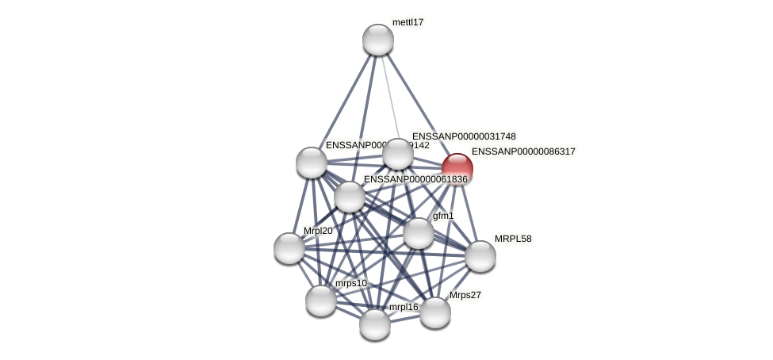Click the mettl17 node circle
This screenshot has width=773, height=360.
(x=378, y=40)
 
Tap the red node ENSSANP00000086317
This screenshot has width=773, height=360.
(x=457, y=169)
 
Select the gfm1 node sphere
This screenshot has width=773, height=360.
(x=419, y=233)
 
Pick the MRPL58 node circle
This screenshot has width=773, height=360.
(x=480, y=256)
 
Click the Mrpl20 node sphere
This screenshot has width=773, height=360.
(x=289, y=248)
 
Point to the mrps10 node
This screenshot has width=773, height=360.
(x=321, y=301)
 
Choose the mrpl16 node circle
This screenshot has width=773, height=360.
(x=375, y=324)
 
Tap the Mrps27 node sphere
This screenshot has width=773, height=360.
(x=435, y=312)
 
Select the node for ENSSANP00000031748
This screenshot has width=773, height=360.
(x=398, y=154)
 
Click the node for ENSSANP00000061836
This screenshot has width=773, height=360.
(x=350, y=197)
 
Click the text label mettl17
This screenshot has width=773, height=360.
(x=408, y=22)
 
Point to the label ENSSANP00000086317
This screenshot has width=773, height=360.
(x=523, y=151)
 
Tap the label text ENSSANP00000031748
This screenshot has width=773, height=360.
(x=464, y=136)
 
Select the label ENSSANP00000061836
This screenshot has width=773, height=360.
(x=415, y=179)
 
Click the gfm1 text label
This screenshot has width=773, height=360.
(x=443, y=216)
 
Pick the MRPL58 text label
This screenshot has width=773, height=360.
(x=513, y=239)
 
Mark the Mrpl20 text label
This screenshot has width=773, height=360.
(x=318, y=231)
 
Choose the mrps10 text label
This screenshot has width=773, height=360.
(x=350, y=283)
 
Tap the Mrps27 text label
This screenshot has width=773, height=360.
(x=465, y=295)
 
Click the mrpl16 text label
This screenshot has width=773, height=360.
(x=403, y=307)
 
